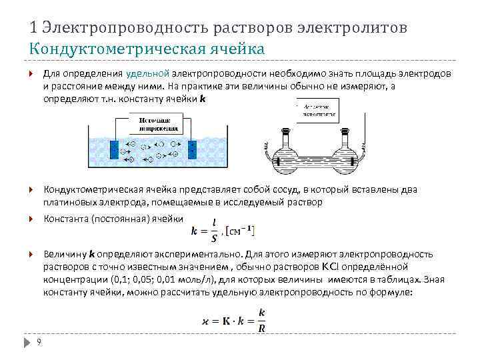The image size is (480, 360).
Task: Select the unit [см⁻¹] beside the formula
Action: pos(241,231)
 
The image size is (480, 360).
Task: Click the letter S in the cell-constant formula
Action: pos(213,237)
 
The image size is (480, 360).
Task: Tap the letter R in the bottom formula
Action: pos(261,327)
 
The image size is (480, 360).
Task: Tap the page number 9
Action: pos(39,342)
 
